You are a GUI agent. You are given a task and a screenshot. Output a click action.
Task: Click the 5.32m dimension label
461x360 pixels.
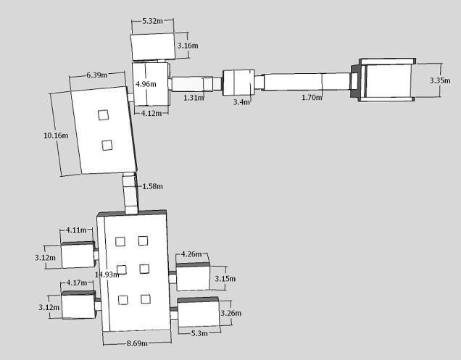[152, 21]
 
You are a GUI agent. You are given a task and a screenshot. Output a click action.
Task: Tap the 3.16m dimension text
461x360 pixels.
[188, 46]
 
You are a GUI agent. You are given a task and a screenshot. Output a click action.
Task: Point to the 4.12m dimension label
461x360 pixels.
[151, 113]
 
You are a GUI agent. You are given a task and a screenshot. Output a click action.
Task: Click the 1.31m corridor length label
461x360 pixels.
[194, 97]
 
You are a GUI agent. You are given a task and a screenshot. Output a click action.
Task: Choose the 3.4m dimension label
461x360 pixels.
[241, 102]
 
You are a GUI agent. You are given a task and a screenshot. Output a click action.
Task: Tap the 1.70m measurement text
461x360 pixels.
[312, 97]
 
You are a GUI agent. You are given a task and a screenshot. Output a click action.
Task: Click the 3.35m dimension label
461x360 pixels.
[440, 80]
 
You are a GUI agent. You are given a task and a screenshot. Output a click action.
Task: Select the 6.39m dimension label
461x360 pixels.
[97, 75]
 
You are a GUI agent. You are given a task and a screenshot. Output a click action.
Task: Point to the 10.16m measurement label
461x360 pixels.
[56, 135]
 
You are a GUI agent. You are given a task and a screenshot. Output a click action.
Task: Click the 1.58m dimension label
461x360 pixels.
[153, 186]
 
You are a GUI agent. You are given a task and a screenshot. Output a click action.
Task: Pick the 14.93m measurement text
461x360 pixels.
[107, 275]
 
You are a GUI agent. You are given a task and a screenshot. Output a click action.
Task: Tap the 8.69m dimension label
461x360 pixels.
[136, 343]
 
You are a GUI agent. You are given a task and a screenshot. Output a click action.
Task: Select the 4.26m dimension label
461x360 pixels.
[191, 254]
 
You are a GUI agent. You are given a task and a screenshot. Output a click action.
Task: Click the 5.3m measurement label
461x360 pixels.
[199, 332]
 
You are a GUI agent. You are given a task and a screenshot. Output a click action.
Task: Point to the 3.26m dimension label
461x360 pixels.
[230, 313]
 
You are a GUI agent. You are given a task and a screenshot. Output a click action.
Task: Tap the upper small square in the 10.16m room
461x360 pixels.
[104, 114]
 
